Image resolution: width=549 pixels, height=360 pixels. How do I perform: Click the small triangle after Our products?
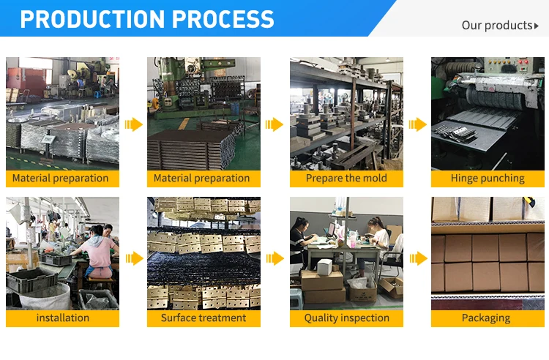pyautogui.click(x=536, y=26)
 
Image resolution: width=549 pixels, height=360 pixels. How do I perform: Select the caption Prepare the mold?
pyautogui.click(x=346, y=178)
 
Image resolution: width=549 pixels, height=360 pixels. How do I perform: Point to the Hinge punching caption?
pyautogui.click(x=488, y=178)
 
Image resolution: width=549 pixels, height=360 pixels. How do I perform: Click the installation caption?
pyautogui.click(x=62, y=318)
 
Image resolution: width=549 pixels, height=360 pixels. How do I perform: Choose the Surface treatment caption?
pyautogui.click(x=203, y=318)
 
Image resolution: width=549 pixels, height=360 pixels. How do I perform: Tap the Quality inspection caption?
pyautogui.click(x=346, y=318)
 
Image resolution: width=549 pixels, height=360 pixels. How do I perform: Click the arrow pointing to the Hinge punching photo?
pyautogui.click(x=417, y=124)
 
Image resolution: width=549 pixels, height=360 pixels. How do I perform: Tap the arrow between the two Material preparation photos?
pyautogui.click(x=133, y=124)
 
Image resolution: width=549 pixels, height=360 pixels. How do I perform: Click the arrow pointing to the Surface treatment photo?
pyautogui.click(x=133, y=258)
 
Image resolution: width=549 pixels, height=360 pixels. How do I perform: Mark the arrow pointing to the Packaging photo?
pyautogui.click(x=417, y=258)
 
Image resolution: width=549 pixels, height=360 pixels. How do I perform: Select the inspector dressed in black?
pyautogui.click(x=299, y=238)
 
